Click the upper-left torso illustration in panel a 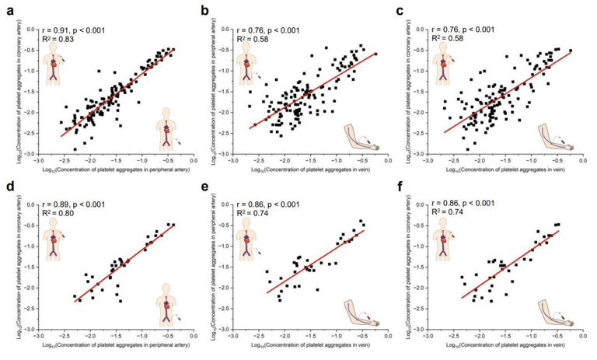pos(54,65)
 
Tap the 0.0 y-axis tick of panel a pos(29,29)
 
